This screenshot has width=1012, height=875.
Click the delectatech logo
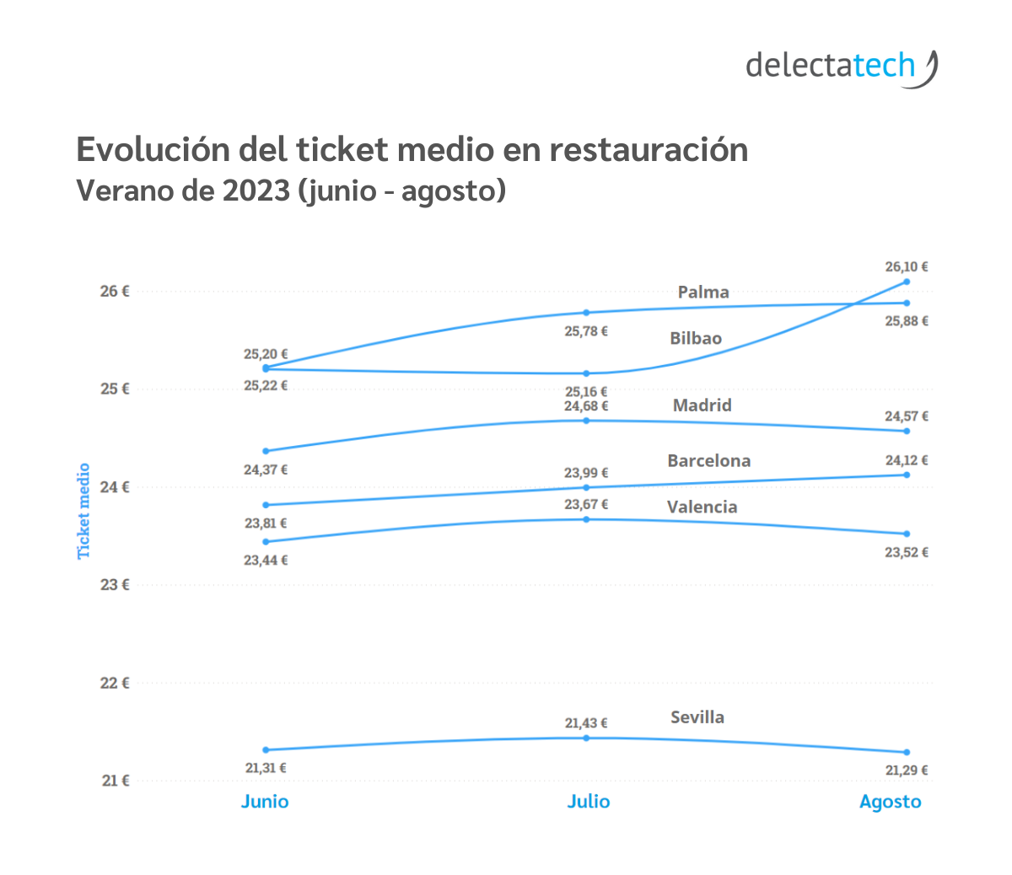[x=841, y=67]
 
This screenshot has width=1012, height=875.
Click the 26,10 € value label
[x=907, y=266]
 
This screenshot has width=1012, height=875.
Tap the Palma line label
[x=703, y=293]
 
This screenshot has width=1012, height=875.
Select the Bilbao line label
[x=696, y=338]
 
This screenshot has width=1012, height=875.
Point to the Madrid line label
[x=702, y=405]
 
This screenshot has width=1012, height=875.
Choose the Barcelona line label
[x=708, y=460]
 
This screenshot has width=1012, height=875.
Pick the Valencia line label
[x=702, y=507]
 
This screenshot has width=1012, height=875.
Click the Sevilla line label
[x=697, y=717]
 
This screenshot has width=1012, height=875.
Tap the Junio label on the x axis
[x=265, y=802]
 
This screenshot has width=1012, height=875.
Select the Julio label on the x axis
[x=588, y=802]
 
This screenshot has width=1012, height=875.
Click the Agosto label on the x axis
[x=890, y=802]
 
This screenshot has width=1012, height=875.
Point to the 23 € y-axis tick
[x=115, y=584]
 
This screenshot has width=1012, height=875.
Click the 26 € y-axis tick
[x=115, y=291]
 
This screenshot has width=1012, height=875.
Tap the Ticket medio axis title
[x=83, y=511]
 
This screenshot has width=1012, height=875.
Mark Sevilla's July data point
[x=586, y=738]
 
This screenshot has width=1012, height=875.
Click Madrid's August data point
[x=907, y=431]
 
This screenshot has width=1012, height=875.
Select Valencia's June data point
[x=266, y=542]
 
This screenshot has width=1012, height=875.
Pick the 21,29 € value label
[x=907, y=770]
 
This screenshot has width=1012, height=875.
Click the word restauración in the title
[x=649, y=150]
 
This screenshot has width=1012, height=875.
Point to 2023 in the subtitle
[x=256, y=191]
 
